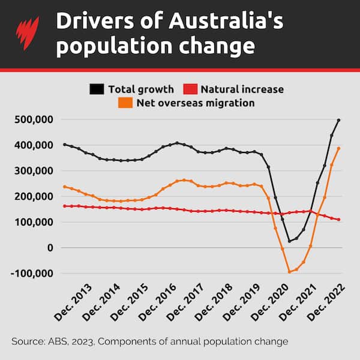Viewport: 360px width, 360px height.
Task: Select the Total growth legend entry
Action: [130, 89]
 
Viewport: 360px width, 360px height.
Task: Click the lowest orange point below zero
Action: [289, 272]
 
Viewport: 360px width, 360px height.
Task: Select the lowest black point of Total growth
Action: [289, 241]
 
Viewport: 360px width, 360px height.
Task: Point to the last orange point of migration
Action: [339, 148]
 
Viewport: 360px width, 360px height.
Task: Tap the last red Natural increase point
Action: [339, 220]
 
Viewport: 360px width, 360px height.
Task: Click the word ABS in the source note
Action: [58, 341]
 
